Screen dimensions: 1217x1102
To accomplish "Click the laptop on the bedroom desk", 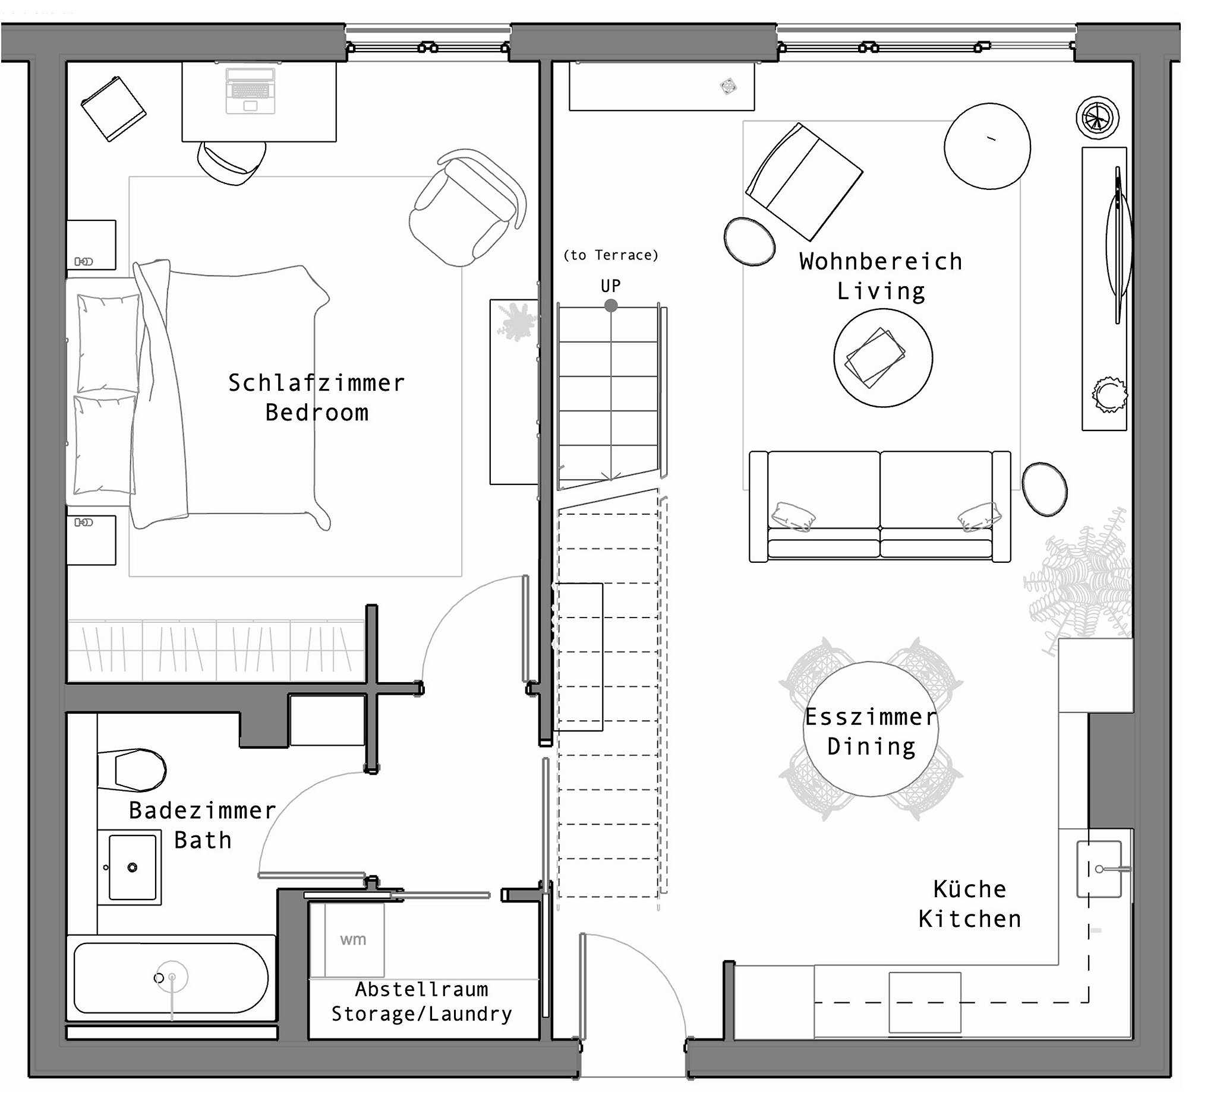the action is [250, 90].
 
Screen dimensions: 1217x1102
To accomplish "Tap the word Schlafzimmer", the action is [316, 383].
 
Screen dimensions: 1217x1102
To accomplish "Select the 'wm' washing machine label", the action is [353, 939].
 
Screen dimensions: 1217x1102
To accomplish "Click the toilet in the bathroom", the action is [131, 769].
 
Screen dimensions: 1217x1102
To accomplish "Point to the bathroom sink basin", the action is [132, 867].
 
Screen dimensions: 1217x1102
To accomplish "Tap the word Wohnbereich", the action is [881, 262].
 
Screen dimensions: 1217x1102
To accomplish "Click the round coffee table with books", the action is [883, 358].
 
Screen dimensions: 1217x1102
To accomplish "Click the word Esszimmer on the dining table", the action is [871, 717].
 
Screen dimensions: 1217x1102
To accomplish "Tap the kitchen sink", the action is [1099, 869].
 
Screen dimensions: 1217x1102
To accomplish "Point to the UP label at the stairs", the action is [610, 286].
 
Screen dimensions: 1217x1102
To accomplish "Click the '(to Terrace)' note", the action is [610, 255].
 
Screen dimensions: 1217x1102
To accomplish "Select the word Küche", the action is [969, 889].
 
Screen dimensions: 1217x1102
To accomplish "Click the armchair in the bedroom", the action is [466, 207].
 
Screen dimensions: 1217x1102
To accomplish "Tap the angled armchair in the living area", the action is [804, 181].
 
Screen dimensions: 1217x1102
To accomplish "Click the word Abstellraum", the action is [421, 990].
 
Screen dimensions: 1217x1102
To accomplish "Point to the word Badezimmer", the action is [202, 810].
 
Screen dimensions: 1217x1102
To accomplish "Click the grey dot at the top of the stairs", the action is [611, 306].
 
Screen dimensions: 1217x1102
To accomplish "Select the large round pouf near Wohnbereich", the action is [988, 147].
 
